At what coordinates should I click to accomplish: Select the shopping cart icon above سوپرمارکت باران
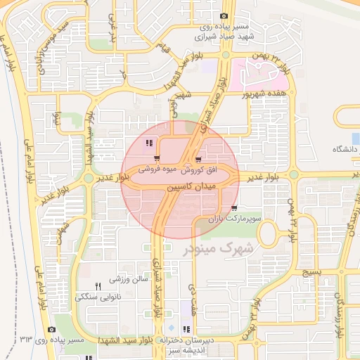point(234,208)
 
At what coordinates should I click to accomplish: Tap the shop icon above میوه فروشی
point(157,157)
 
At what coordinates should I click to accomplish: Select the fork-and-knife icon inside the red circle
point(148,143)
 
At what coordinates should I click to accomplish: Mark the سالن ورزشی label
point(130,280)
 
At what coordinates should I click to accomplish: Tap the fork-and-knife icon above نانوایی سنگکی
point(98,286)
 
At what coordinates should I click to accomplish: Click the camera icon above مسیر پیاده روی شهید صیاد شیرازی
point(224,16)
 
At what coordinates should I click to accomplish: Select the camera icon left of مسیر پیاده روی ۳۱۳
point(51,329)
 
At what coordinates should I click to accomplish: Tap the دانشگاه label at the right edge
point(345,150)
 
